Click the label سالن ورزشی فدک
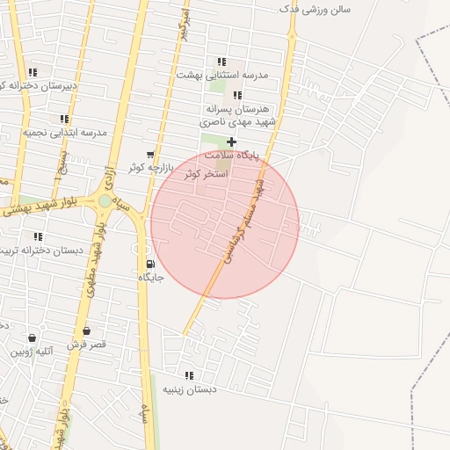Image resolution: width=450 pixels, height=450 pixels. (315, 9)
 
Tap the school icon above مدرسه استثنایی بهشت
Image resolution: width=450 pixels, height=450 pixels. (221, 62)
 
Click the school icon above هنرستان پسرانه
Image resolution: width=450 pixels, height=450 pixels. (237, 95)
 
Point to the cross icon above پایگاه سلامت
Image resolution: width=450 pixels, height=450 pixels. (231, 142)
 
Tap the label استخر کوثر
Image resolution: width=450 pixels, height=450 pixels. (206, 174)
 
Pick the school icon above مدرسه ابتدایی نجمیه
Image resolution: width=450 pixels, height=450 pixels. (64, 119)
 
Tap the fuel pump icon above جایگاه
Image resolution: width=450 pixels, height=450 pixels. (150, 264)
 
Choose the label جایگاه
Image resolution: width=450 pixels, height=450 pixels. (150, 277)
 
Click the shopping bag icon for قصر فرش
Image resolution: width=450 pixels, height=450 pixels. (86, 330)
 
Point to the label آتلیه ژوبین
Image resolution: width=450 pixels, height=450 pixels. (33, 352)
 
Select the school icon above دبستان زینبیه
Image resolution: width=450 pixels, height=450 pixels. (189, 375)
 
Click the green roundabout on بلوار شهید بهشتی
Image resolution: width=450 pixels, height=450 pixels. (105, 201)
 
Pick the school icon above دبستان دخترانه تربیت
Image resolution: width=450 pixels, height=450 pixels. (38, 236)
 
